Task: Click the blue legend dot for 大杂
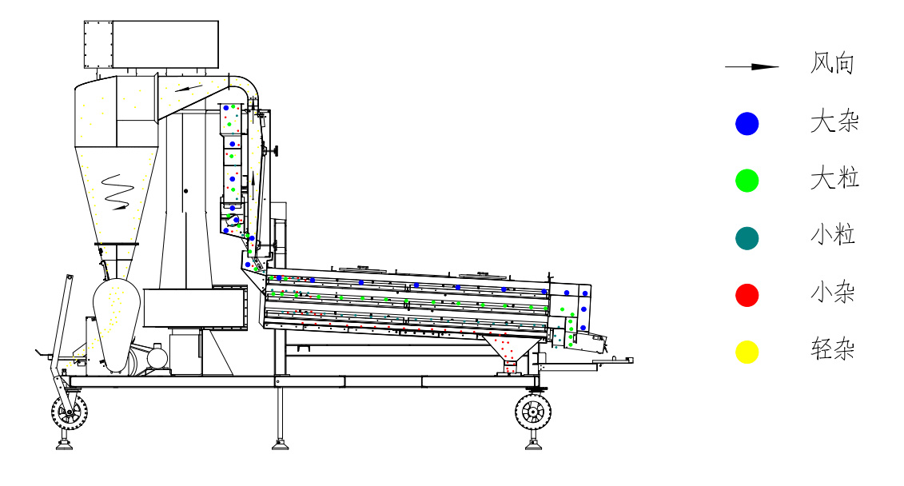[x=747, y=124]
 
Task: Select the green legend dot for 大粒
[x=747, y=181]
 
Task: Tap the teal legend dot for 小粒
[x=747, y=238]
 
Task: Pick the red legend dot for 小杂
[x=747, y=295]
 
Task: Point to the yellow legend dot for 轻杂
[x=747, y=352]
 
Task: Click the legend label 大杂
[x=834, y=122]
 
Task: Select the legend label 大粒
[x=834, y=179]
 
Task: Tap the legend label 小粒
[x=833, y=236]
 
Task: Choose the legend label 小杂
[x=833, y=293]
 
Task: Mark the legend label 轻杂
[x=833, y=349]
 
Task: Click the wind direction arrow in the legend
[x=751, y=67]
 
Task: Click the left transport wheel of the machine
[x=70, y=412]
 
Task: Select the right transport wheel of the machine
[x=532, y=411]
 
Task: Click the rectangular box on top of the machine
[x=151, y=45]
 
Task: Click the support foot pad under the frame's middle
[x=280, y=444]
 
